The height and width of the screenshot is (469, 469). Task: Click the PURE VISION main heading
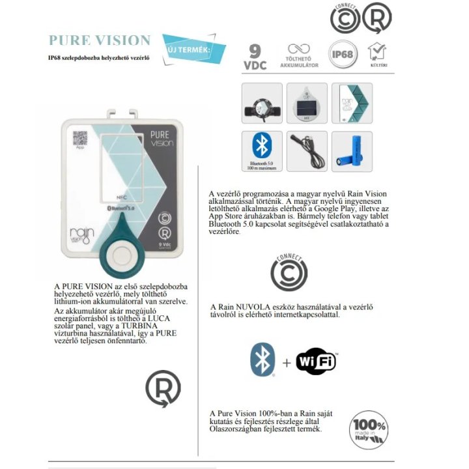(100, 41)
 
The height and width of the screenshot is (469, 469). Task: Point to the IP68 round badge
(343, 53)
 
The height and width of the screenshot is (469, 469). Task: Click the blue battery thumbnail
(352, 152)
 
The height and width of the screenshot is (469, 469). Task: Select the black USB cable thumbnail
(307, 152)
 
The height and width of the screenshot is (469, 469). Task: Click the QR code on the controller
(79, 138)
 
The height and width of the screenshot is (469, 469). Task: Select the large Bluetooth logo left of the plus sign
(263, 359)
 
